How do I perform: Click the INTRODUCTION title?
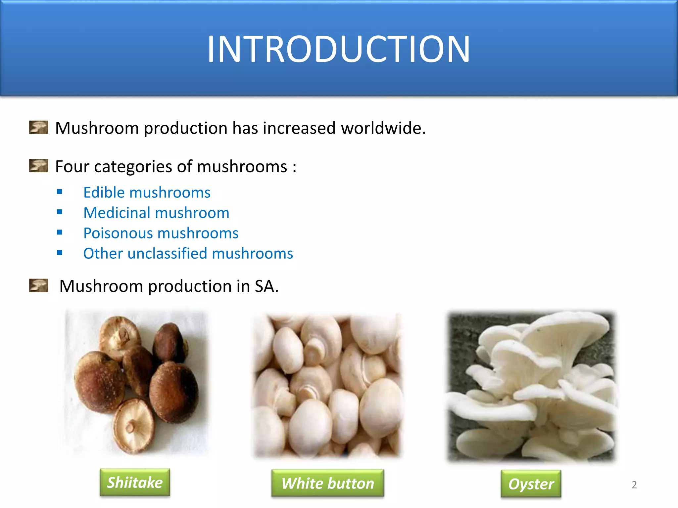(338, 49)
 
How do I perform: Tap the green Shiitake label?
(135, 483)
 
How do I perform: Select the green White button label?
(328, 483)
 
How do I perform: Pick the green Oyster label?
(531, 484)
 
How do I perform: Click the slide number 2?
(634, 485)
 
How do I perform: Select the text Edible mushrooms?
(147, 192)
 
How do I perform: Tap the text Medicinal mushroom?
(156, 213)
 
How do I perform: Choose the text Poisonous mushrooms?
(161, 233)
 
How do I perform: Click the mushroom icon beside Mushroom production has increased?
(39, 127)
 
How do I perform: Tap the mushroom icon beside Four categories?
(39, 166)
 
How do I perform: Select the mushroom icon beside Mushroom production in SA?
(39, 285)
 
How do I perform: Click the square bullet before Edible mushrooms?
(60, 192)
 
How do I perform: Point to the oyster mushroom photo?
(531, 386)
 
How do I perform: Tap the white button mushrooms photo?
(327, 386)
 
